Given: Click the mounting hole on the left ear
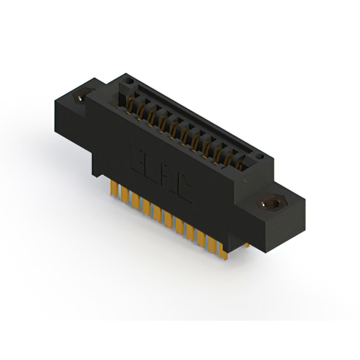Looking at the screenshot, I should (83, 97).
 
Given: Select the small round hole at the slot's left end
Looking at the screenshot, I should (129, 83).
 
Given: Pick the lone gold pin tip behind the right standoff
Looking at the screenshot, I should (247, 244).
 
